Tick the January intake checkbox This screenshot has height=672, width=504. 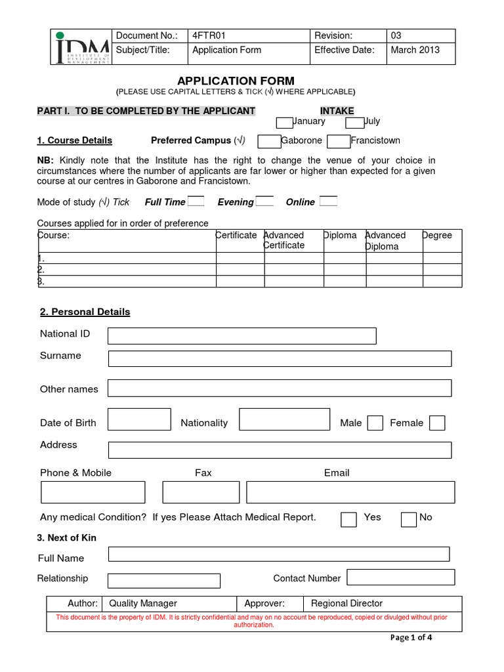click(x=284, y=123)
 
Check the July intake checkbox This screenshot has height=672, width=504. click(x=354, y=123)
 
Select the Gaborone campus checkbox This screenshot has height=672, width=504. click(x=269, y=142)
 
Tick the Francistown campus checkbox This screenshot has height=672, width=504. click(x=339, y=142)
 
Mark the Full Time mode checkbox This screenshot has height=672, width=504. click(x=196, y=201)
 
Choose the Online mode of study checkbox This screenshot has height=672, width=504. click(x=328, y=201)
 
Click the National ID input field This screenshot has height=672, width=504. click(x=241, y=336)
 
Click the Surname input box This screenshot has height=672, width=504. click(x=280, y=358)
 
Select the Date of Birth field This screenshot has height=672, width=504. click(x=138, y=419)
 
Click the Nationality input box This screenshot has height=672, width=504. click(x=284, y=419)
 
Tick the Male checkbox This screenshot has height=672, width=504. click(x=375, y=423)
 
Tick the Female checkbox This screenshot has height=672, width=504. click(x=437, y=423)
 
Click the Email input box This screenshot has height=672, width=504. click(x=350, y=492)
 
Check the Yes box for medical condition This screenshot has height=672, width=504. click(x=348, y=519)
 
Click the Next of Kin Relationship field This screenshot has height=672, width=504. click(x=163, y=581)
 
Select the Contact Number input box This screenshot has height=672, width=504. click(x=400, y=577)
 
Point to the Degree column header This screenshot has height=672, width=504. click(x=437, y=236)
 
